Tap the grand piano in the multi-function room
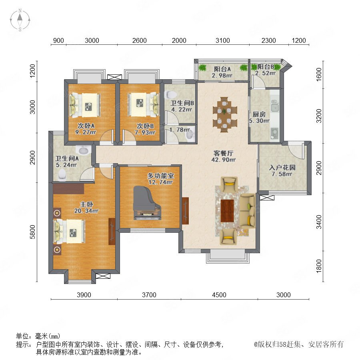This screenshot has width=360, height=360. [x=146, y=203]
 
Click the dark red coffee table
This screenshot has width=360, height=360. [x=227, y=210]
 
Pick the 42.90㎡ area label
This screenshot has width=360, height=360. [x=223, y=160]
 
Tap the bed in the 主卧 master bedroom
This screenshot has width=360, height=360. [x=69, y=231]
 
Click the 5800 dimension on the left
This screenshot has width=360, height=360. [x=33, y=232]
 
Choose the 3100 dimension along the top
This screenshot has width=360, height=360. [x=222, y=40]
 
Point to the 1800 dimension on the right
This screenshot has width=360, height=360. [x=319, y=266]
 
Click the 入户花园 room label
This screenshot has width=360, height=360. [x=282, y=167]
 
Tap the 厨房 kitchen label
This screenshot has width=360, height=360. [x=259, y=114]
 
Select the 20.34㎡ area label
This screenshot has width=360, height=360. [x=86, y=210]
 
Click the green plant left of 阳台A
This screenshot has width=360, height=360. [x=202, y=68]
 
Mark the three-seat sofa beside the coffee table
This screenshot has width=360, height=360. [x=247, y=211]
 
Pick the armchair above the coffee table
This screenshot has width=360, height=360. [x=229, y=184]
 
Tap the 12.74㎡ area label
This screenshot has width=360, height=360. [x=160, y=182]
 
